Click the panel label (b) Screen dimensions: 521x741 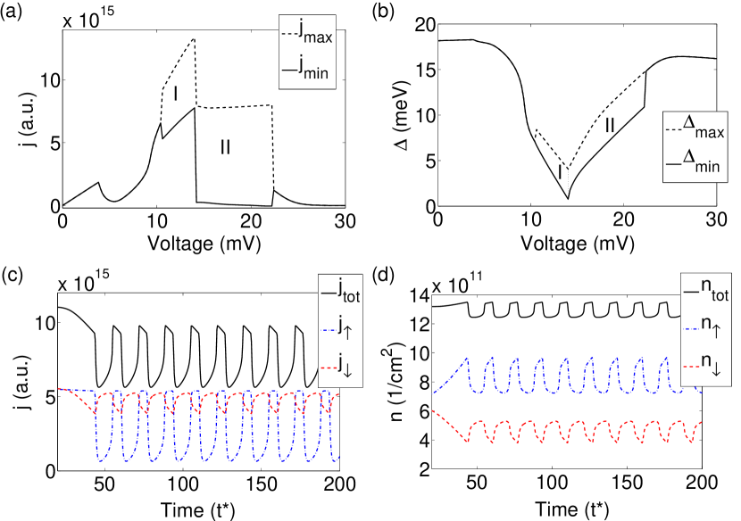(386, 12)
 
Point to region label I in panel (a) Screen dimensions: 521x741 (177, 93)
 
